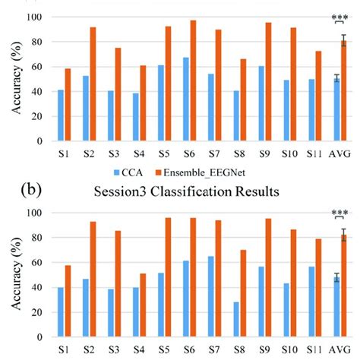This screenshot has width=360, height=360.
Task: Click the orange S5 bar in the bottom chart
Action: click(x=167, y=278)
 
